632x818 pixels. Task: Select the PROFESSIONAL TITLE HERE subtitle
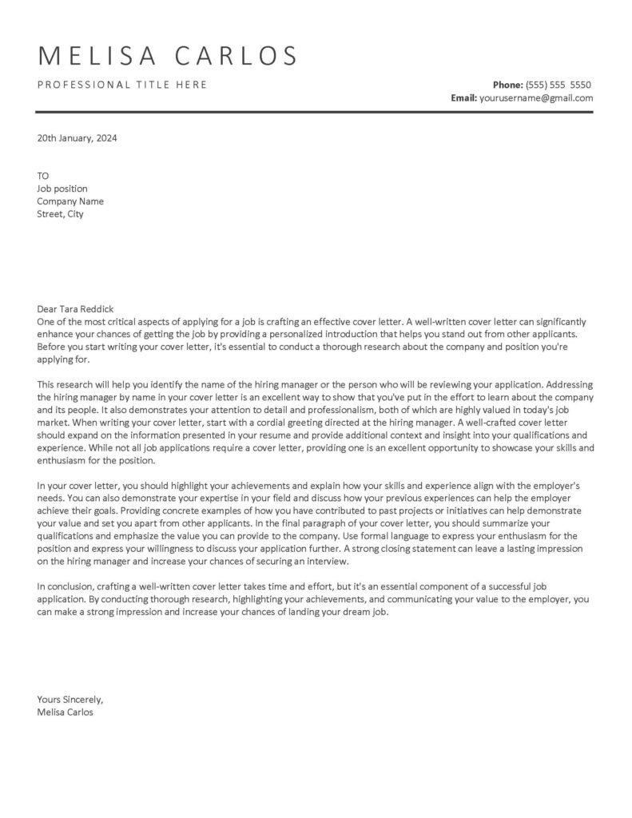click(x=122, y=85)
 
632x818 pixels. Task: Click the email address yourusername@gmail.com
click(x=536, y=98)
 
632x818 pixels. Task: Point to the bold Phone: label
click(x=508, y=85)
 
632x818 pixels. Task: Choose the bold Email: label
click(x=463, y=98)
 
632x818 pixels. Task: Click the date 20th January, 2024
click(x=77, y=137)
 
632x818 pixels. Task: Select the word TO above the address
click(x=43, y=176)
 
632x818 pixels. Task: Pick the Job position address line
click(x=62, y=189)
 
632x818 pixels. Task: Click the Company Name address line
click(x=70, y=201)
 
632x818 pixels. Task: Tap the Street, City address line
click(x=60, y=214)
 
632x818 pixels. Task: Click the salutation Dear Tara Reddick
click(x=76, y=309)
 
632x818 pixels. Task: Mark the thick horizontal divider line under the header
click(x=316, y=113)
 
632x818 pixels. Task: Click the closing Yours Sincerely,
click(x=70, y=699)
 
